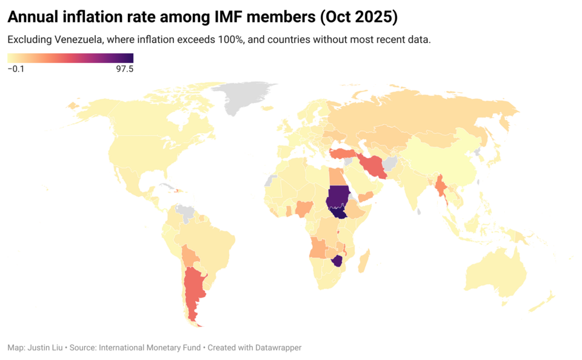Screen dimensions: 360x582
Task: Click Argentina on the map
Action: (193, 291)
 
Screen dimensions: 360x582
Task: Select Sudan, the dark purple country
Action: (337, 196)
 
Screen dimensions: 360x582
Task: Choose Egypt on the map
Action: (335, 176)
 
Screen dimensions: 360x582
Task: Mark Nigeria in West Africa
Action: (303, 209)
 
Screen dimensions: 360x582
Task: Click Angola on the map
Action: (317, 247)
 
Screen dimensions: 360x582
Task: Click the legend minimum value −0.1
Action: (16, 69)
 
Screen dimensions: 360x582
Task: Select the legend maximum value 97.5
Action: (124, 69)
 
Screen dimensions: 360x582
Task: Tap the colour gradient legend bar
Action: (70, 58)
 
